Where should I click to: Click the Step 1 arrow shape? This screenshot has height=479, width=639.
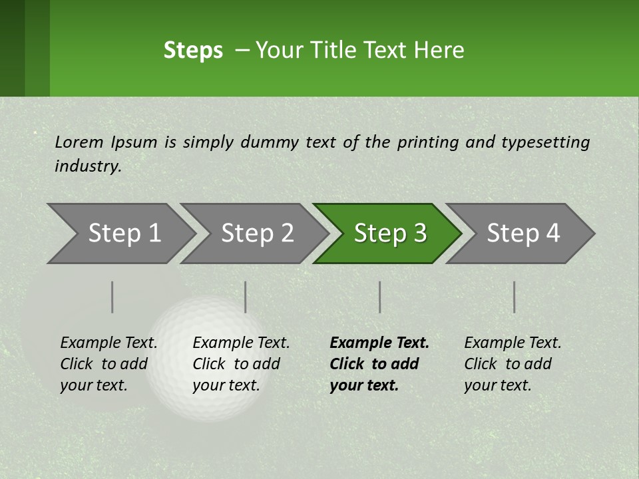pyautogui.click(x=120, y=234)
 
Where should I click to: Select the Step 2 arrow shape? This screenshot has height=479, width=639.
pyautogui.click(x=253, y=234)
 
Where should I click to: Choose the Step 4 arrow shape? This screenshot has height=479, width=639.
pyautogui.click(x=520, y=234)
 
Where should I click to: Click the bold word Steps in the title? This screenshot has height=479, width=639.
pyautogui.click(x=193, y=51)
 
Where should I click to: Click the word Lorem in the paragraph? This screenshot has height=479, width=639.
pyautogui.click(x=79, y=142)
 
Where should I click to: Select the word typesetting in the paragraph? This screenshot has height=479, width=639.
pyautogui.click(x=545, y=142)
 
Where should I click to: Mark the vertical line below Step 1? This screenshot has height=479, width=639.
pyautogui.click(x=112, y=297)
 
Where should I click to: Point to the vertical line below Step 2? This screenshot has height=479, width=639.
pyautogui.click(x=246, y=297)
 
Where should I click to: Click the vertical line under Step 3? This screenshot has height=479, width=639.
pyautogui.click(x=380, y=297)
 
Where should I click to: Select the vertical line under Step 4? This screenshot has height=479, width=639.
pyautogui.click(x=515, y=297)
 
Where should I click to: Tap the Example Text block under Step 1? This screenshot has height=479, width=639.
pyautogui.click(x=108, y=364)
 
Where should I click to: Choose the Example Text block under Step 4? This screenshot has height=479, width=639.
pyautogui.click(x=513, y=364)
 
